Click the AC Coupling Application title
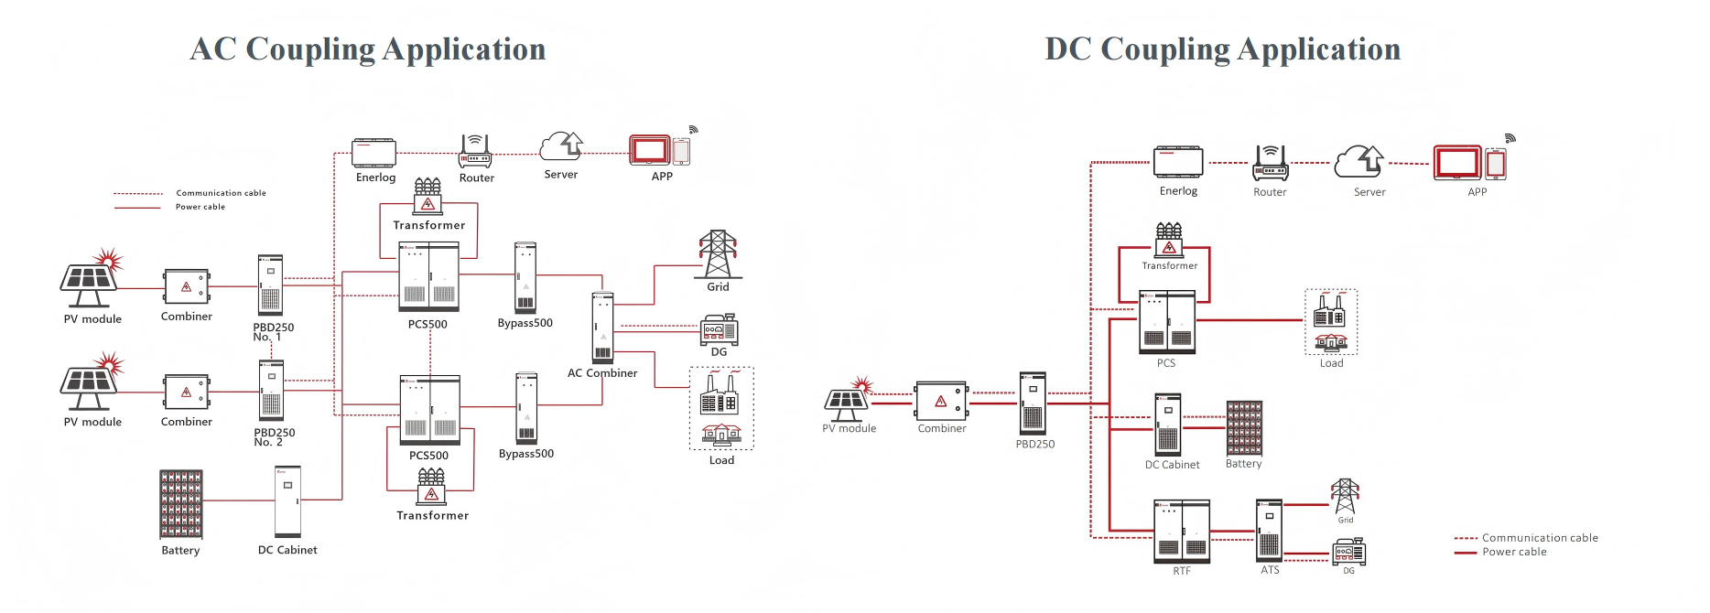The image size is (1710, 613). [x=367, y=49]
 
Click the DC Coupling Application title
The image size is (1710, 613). [x=1222, y=49]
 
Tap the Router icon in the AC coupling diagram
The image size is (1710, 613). [x=475, y=151]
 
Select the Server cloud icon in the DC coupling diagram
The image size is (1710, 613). [x=1359, y=162]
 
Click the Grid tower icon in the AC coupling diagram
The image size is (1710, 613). [x=718, y=253]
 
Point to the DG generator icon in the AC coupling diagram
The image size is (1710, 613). [x=719, y=329]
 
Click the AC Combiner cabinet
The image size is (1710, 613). [x=602, y=328]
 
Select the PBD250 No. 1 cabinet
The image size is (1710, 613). [x=270, y=285]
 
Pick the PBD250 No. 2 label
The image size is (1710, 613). [x=274, y=437]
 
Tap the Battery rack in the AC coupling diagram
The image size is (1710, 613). [x=181, y=504]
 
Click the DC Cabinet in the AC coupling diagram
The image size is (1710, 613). [x=287, y=502]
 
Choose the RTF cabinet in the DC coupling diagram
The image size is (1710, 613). [x=1182, y=531]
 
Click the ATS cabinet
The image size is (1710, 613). [x=1269, y=530]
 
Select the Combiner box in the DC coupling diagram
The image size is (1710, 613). [x=941, y=401]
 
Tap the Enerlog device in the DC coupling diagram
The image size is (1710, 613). [x=1178, y=162]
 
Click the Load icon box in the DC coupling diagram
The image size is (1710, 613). [x=1330, y=321]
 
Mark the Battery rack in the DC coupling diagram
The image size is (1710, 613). [x=1244, y=427]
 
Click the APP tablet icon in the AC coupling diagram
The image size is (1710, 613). [x=650, y=150]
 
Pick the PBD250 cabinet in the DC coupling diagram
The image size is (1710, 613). [x=1033, y=403]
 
